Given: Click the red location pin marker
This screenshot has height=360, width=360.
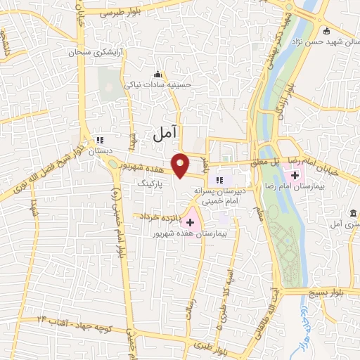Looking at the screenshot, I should pyautogui.click(x=181, y=165).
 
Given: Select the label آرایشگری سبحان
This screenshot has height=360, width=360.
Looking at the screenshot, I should pyautogui.click(x=90, y=53).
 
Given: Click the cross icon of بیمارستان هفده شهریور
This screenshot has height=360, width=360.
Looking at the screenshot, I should pyautogui.click(x=190, y=221).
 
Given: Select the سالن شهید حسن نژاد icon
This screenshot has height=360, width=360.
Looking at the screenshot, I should pyautogui.click(x=326, y=30).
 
